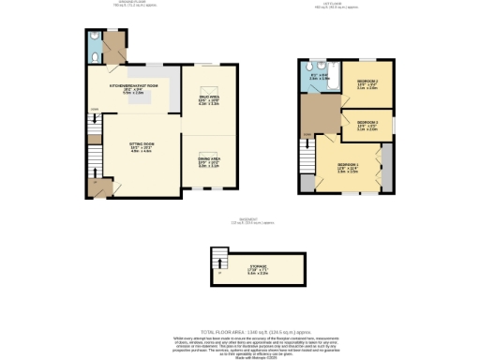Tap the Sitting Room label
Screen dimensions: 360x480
tap(141, 146)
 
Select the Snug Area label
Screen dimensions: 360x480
tap(207, 97)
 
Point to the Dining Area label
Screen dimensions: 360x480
tap(207, 161)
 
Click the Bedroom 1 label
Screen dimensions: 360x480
tap(348, 166)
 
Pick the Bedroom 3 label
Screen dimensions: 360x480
tap(367, 125)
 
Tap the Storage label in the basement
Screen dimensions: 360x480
tap(257, 270)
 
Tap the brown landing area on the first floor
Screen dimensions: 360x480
tap(316, 117)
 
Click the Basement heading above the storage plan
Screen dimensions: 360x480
tap(240, 221)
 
